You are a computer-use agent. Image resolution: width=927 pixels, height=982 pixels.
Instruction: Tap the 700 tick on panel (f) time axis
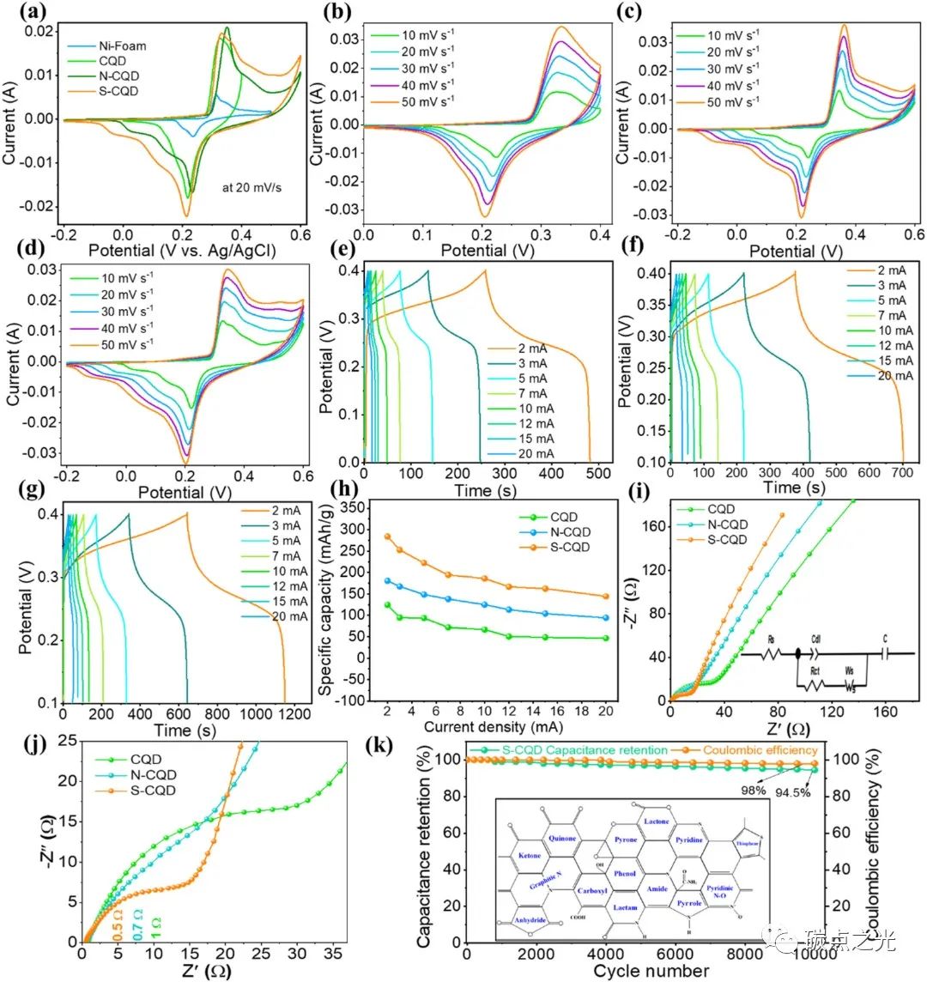pos(902,473)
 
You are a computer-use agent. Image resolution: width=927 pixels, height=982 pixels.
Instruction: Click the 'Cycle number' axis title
pos(652,971)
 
